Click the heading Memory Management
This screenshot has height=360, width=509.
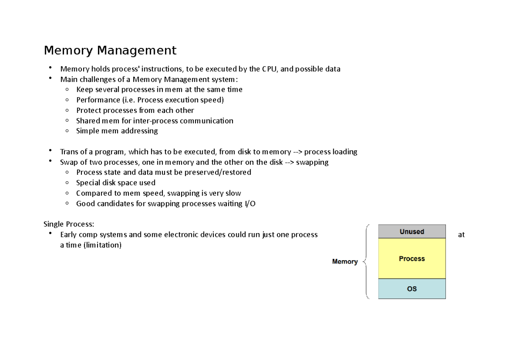pyautogui.click(x=110, y=51)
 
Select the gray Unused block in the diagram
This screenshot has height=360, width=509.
pyautogui.click(x=411, y=231)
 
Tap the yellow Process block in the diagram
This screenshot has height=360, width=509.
pyautogui.click(x=411, y=259)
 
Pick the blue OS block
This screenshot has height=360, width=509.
pyautogui.click(x=411, y=289)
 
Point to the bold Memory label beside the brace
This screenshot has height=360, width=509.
pyautogui.click(x=344, y=262)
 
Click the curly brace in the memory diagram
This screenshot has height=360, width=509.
pyautogui.click(x=366, y=262)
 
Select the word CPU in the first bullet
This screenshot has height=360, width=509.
pyautogui.click(x=269, y=69)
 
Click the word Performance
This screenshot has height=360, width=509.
pyautogui.click(x=98, y=100)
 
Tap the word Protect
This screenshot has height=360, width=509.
pyautogui.click(x=88, y=110)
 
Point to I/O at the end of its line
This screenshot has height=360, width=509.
pyautogui.click(x=250, y=204)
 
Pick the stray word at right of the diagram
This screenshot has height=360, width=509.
pyautogui.click(x=461, y=235)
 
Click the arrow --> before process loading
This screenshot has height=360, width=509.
pyautogui.click(x=298, y=152)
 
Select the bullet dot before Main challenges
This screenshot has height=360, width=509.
pyautogui.click(x=50, y=79)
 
